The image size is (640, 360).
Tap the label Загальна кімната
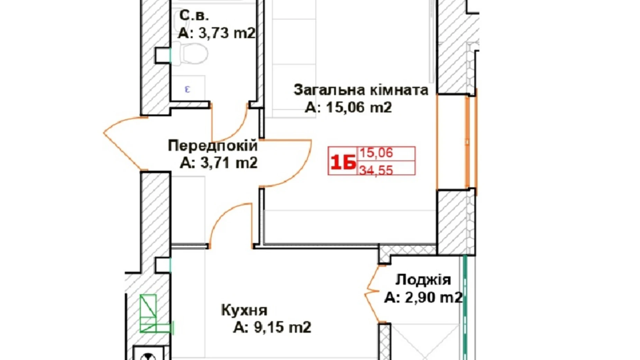361,90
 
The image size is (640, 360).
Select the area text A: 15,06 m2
348,108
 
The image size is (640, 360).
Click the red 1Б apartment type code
342,162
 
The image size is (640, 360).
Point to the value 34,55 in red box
376,170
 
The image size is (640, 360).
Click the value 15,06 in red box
376,153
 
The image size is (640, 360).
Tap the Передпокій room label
212,146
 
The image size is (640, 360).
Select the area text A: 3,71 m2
219,163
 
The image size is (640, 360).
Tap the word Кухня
244,310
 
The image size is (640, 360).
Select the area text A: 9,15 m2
272,327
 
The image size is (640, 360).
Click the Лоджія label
423,280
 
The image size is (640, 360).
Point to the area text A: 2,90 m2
423,297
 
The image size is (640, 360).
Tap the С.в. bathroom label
194,16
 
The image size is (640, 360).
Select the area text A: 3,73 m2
217,33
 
